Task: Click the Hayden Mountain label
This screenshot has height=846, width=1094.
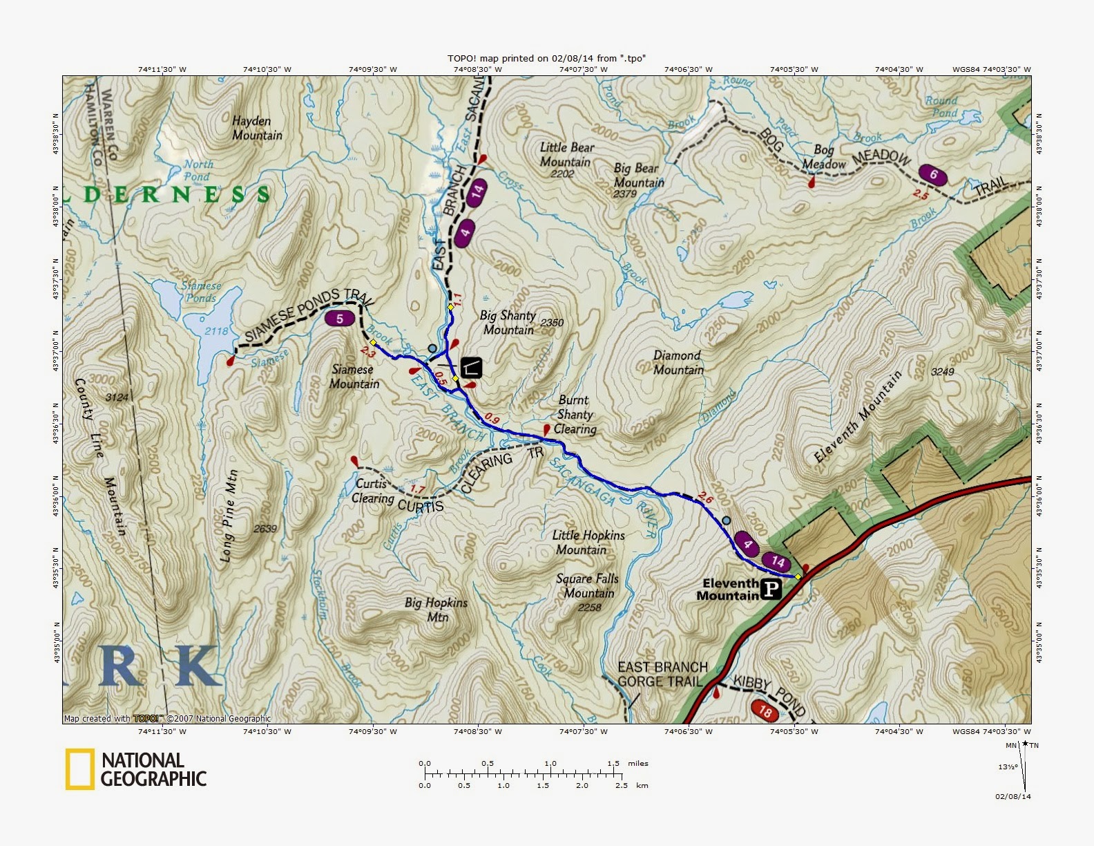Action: pos(257,128)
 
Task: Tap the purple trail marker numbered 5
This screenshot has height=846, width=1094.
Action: pos(340,319)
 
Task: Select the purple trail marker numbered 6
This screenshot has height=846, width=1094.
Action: pos(932,175)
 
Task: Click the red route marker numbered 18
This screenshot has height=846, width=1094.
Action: pos(765,711)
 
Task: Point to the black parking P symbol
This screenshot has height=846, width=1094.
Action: pos(771,590)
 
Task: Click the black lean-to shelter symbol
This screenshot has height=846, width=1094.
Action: pos(471,367)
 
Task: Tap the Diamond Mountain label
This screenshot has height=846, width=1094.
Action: pos(678,363)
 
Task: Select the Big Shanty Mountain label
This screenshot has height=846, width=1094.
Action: pos(509,323)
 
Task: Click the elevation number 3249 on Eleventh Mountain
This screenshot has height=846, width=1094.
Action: pos(942,372)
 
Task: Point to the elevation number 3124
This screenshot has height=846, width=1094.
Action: pos(117,397)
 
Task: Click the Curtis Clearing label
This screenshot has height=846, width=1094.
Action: pos(372,491)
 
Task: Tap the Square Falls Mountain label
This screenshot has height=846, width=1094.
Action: pos(588,586)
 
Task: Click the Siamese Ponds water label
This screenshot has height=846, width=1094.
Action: pos(201,292)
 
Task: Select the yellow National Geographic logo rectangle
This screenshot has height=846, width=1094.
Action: pos(79,769)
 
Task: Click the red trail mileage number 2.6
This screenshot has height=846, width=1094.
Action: pos(705,497)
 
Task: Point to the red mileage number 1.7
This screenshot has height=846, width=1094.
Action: pos(417,489)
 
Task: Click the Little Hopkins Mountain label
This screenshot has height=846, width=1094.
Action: pos(588,543)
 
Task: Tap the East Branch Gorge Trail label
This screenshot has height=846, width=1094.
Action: pos(662,674)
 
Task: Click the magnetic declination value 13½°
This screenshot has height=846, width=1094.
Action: pos(1007,767)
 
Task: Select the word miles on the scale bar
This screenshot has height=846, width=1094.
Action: pos(638,763)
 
